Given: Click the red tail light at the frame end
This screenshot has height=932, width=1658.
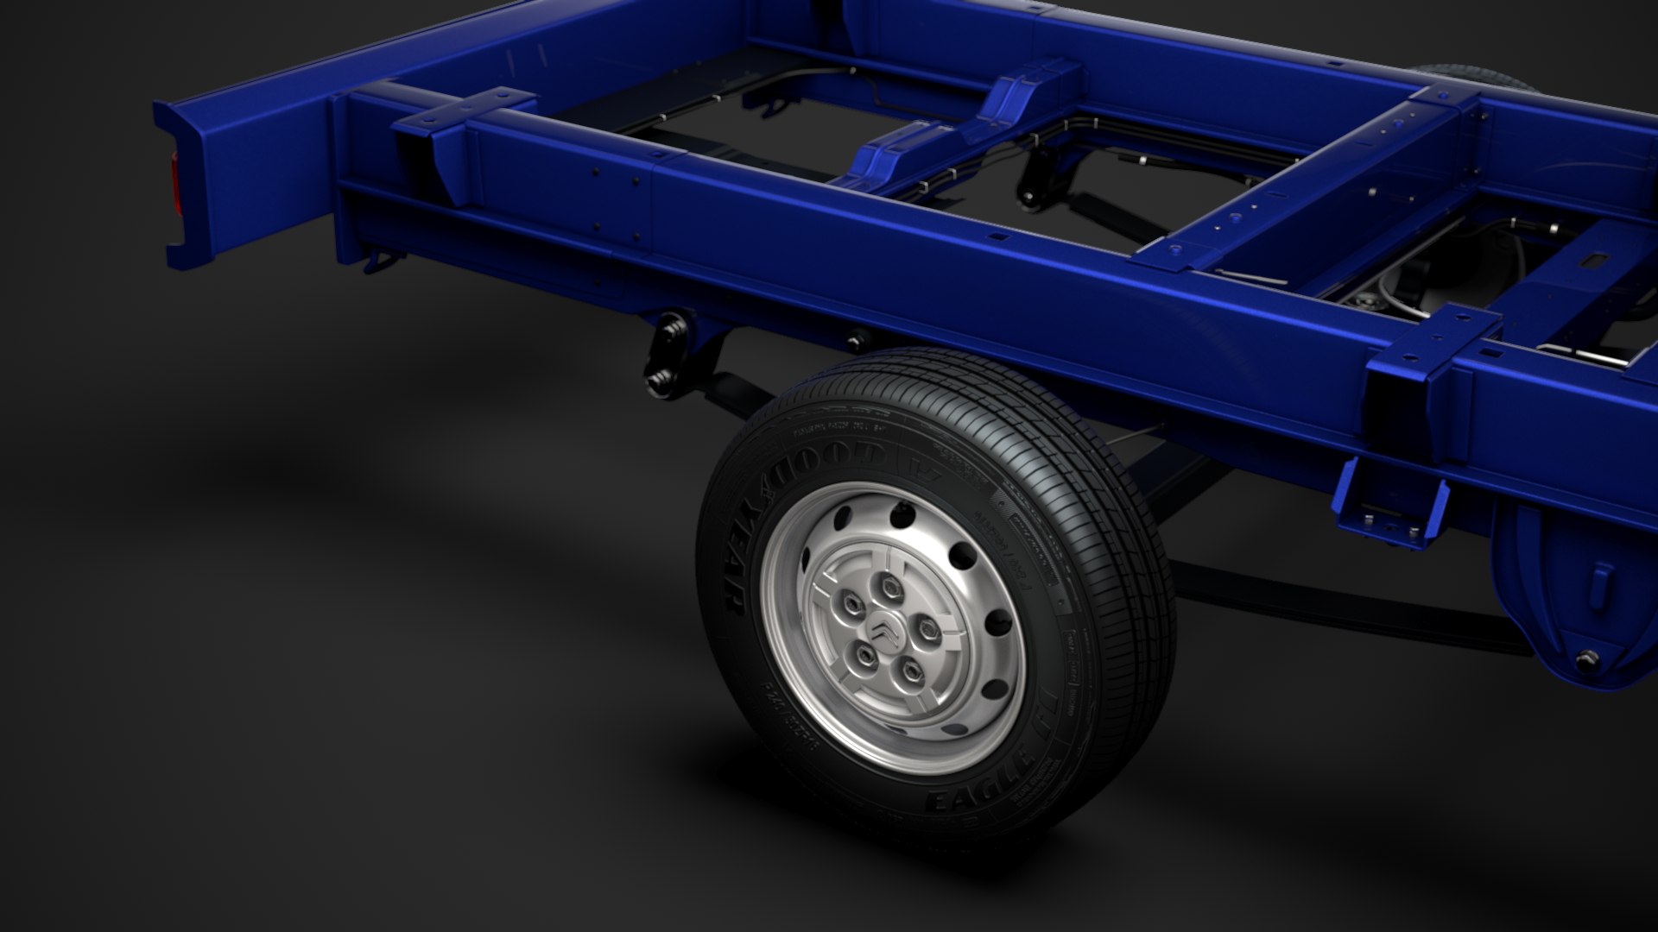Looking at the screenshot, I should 178,186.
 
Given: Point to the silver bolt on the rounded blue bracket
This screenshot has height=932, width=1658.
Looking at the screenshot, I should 1587,660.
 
